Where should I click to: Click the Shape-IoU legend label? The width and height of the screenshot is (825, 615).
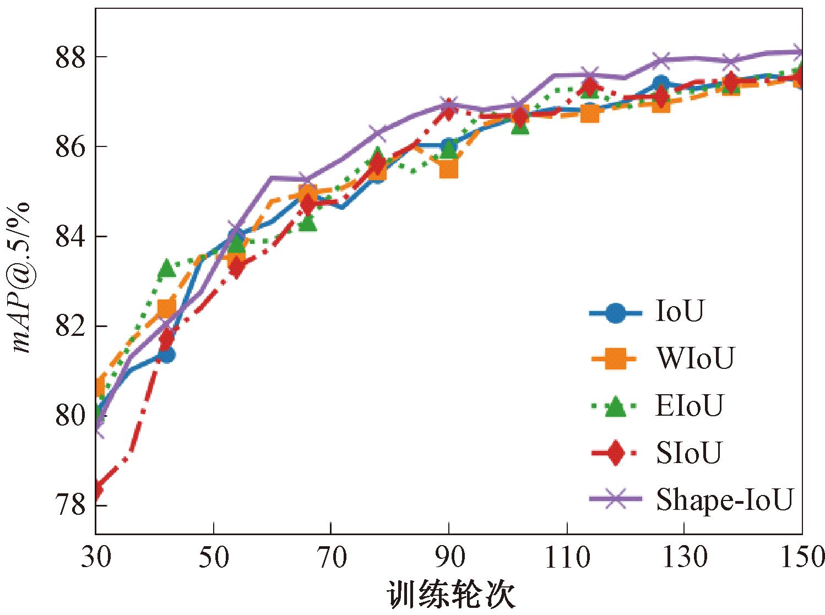point(724,500)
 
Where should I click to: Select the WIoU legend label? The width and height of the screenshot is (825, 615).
point(695,360)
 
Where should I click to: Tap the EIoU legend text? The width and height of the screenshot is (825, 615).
point(688,406)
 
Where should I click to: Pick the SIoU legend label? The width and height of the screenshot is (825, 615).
point(688,453)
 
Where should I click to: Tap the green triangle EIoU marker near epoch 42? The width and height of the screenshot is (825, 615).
point(166,269)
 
